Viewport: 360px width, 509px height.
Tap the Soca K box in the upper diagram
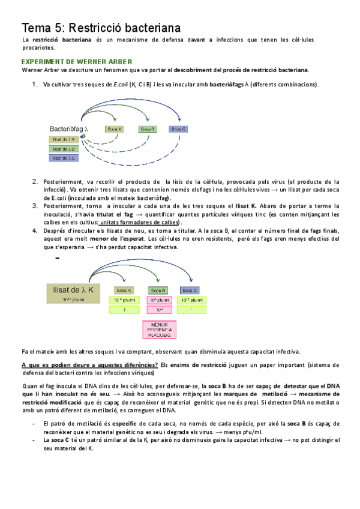tap(114, 129)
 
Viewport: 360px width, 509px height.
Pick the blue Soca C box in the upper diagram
tap(178, 129)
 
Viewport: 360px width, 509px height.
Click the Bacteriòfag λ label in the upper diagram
tap(70, 129)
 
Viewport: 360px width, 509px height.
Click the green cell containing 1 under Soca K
tap(125, 310)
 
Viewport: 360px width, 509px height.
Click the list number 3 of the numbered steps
tap(34, 205)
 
